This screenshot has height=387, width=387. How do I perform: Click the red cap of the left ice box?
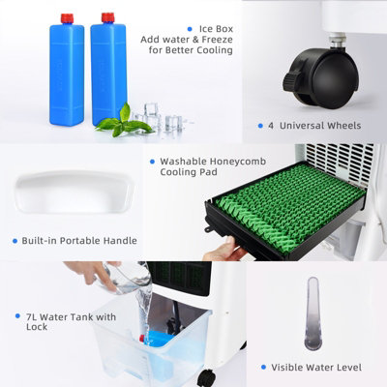[67, 17]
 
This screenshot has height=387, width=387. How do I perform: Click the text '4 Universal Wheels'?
[314, 125]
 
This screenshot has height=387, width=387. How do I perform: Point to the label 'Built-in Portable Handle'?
[80, 240]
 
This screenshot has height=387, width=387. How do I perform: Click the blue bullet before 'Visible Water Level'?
[263, 369]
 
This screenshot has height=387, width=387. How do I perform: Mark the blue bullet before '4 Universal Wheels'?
[262, 125]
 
